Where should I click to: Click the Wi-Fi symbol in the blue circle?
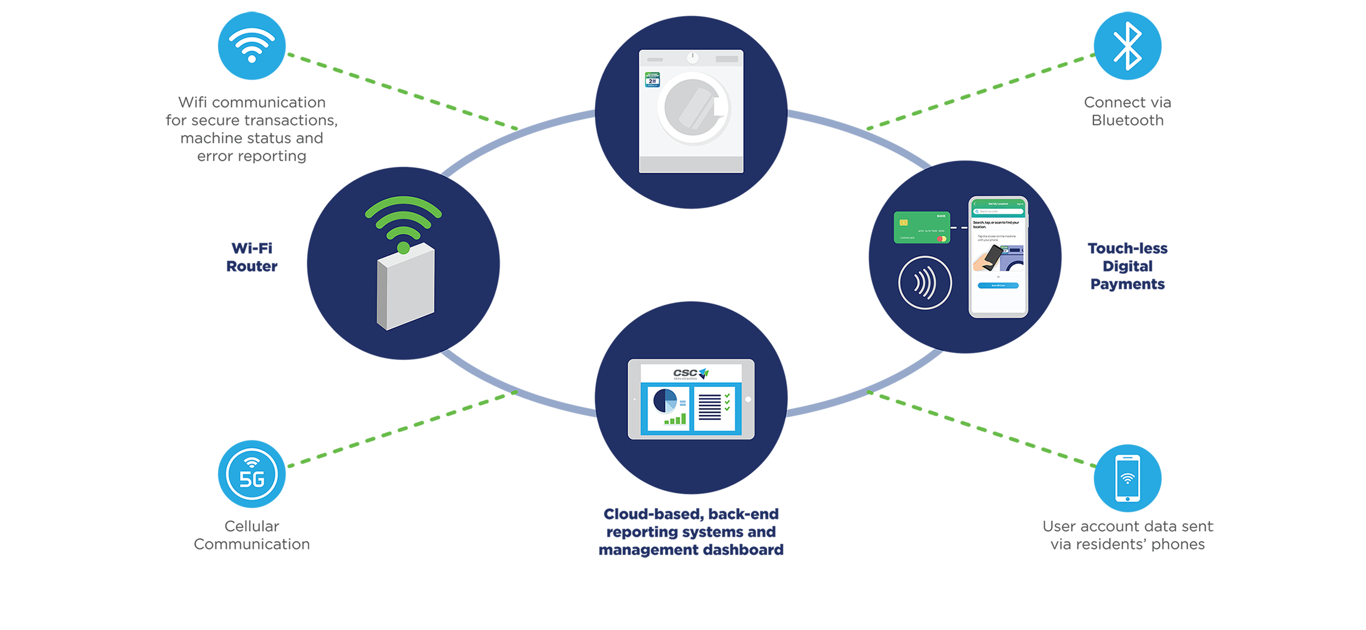pos(251,45)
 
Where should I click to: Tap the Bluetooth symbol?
pos(1127,46)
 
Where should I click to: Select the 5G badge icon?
pos(252,474)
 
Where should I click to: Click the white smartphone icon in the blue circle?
pos(1127,478)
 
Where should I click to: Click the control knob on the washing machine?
pos(692,57)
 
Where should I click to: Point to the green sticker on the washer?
pos(652,80)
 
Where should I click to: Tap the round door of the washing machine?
pos(693,108)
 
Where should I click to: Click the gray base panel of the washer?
pos(691,164)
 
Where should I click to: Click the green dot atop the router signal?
pos(403,249)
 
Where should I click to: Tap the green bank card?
pos(922,227)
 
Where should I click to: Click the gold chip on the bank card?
pos(904,222)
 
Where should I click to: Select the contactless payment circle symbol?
pos(925,282)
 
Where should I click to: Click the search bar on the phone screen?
pos(998,211)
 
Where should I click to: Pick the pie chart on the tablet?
pos(665,401)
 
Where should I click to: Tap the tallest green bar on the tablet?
pos(684,419)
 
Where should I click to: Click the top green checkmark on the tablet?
pos(727,396)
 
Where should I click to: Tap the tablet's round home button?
pos(748,399)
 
